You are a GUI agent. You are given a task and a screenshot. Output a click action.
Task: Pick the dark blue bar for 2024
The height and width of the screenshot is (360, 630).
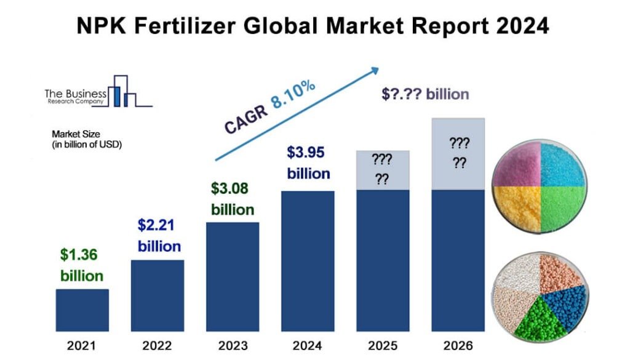(308, 258)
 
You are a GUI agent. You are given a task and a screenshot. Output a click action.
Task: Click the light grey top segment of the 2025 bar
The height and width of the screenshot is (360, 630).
(383, 170)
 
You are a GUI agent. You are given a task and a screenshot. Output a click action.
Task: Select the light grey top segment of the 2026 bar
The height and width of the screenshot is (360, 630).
(458, 154)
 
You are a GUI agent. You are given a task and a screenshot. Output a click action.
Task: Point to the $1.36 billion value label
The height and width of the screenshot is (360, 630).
(81, 265)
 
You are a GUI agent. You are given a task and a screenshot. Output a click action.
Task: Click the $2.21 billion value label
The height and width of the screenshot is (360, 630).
(159, 236)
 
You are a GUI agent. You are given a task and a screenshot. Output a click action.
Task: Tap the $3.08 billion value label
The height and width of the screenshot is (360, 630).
(233, 198)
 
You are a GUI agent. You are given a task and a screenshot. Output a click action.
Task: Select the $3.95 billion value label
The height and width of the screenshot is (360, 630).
(308, 162)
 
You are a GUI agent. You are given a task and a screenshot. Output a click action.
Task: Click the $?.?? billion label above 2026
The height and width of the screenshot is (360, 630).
(425, 94)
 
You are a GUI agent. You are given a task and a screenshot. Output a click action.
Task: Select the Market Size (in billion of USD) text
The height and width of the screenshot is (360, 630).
(87, 139)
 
